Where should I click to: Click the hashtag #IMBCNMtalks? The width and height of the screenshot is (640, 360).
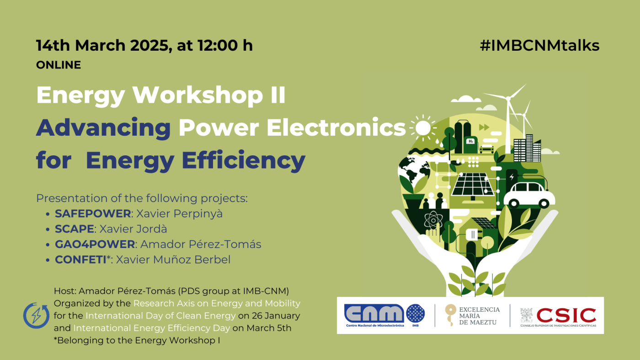(539, 45)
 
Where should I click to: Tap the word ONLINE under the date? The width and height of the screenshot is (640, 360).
(59, 65)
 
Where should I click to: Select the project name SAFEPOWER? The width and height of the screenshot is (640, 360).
(93, 213)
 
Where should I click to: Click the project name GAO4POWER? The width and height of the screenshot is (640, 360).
(95, 244)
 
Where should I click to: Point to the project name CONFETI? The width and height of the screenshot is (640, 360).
(82, 260)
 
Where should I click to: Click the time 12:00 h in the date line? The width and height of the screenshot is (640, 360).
(224, 45)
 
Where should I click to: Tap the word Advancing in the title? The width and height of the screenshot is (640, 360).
(103, 127)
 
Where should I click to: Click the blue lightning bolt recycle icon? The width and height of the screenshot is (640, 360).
(36, 315)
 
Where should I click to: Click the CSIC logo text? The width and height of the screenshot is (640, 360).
(566, 314)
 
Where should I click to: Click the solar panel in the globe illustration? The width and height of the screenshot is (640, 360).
(472, 183)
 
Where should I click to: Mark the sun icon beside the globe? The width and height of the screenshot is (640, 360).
(423, 128)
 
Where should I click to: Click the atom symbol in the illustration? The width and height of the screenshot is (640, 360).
(431, 221)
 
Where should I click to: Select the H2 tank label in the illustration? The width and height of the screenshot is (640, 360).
(470, 141)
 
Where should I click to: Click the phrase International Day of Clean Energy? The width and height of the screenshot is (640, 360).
(160, 316)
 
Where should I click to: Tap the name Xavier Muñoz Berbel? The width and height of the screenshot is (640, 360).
(173, 260)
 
